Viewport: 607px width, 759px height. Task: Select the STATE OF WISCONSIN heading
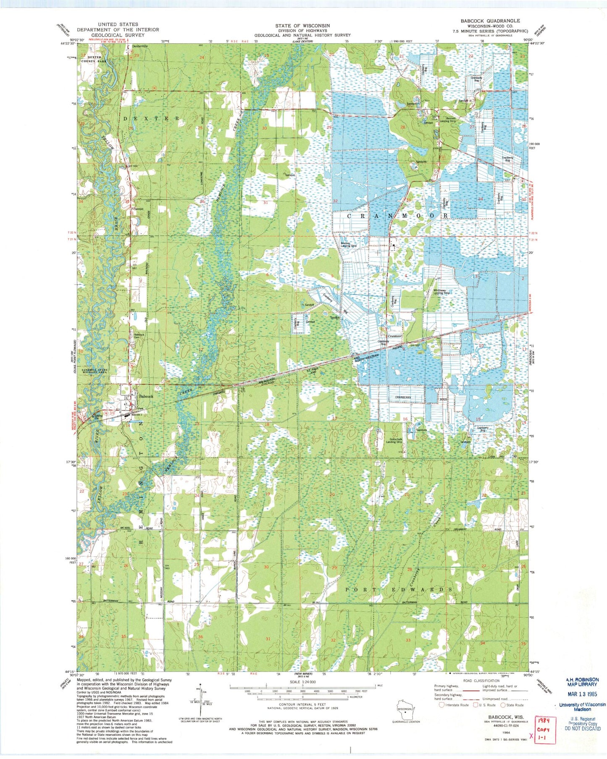(x=302, y=26)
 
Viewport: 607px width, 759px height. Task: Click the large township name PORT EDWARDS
(x=399, y=589)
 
